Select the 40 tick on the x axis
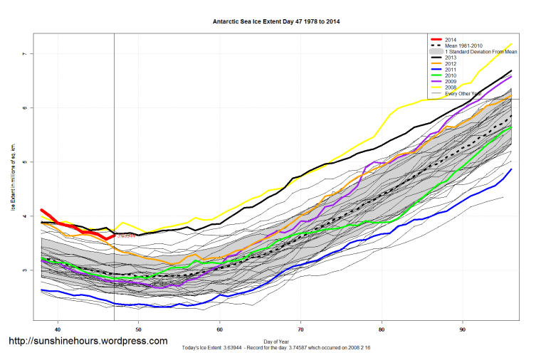pos(58,329)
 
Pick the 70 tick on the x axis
pos(301,329)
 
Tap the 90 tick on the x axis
pos(463,329)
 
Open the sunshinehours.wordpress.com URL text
pos(88,342)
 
